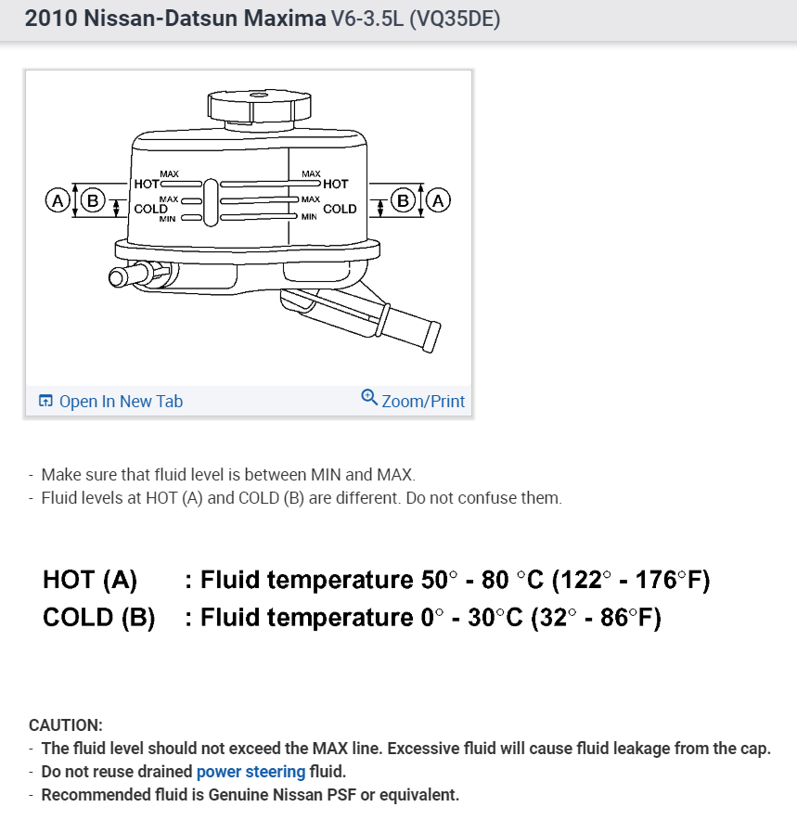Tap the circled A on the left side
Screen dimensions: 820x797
(x=58, y=199)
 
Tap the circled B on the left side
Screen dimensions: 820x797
(x=91, y=199)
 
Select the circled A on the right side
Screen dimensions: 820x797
(x=439, y=199)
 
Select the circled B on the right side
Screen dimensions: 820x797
(x=404, y=199)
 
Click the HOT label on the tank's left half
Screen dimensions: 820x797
(x=147, y=184)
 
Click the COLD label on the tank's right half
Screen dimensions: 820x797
(x=340, y=209)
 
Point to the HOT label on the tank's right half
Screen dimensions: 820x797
(x=336, y=184)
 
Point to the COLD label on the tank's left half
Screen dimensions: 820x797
(x=150, y=209)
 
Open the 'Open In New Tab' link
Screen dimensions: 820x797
(x=121, y=402)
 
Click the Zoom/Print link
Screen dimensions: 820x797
(x=423, y=402)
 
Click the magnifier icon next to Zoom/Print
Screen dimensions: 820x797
(x=369, y=398)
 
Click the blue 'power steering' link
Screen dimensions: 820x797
(x=251, y=772)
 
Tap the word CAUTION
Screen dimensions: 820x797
(x=66, y=724)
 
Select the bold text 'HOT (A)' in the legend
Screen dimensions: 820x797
(x=90, y=581)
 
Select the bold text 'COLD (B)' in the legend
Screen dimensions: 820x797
(x=98, y=618)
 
